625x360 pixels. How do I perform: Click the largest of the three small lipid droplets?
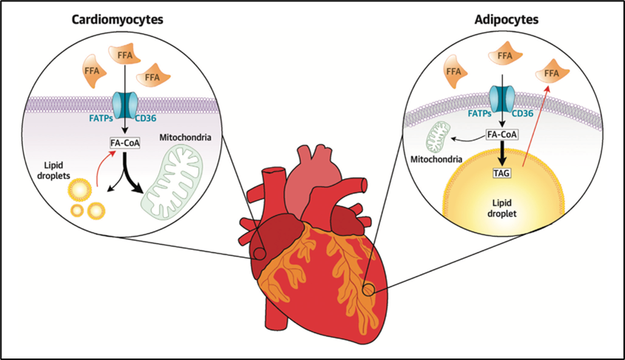(79, 194)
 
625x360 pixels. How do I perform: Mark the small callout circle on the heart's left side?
(259, 254)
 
